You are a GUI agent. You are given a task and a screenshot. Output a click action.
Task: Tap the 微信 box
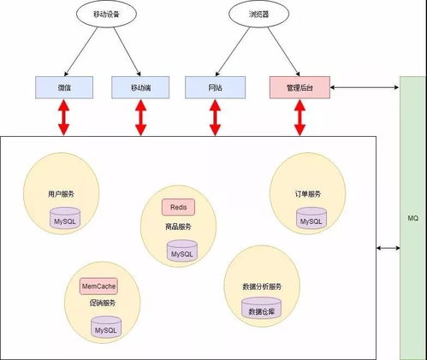point(65,86)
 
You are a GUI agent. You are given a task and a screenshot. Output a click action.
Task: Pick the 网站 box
point(215,86)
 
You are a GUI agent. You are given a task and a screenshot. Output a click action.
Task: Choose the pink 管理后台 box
point(299,86)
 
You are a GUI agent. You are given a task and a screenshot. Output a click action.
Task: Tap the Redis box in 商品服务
point(178,207)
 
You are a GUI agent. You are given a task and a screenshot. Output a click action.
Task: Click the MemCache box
point(98,286)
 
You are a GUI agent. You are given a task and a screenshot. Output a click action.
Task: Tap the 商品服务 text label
point(178,227)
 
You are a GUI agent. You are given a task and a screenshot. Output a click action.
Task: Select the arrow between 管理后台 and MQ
point(365,86)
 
